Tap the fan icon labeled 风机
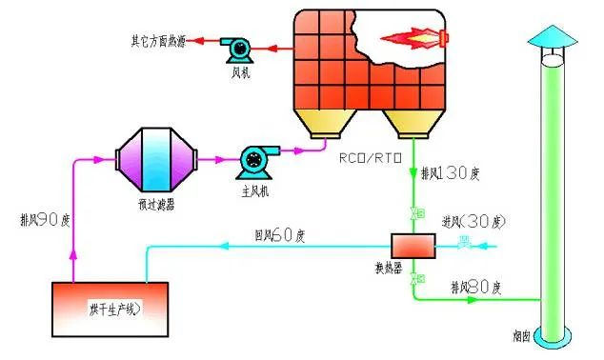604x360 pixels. click(234, 45)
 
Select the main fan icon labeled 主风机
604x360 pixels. click(255, 159)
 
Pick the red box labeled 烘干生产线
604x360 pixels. click(109, 304)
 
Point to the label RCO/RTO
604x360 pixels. click(372, 158)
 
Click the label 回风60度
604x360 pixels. click(278, 233)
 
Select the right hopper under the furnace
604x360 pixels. click(410, 122)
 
